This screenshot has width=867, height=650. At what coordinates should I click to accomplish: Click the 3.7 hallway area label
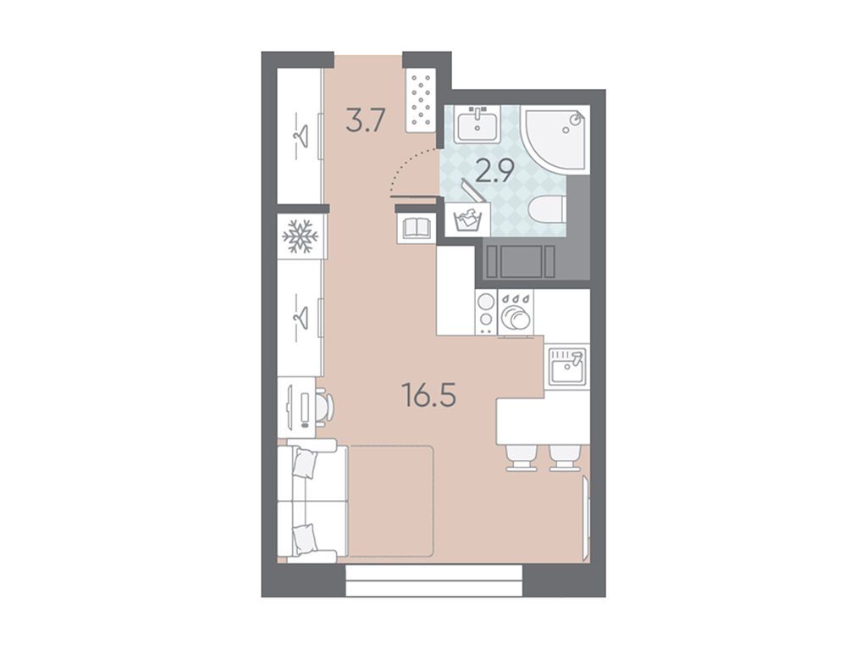[364, 120]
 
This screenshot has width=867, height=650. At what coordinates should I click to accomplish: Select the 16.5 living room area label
[429, 395]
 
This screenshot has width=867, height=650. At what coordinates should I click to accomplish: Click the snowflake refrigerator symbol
[301, 237]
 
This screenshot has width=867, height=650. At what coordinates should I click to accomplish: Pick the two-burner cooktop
[485, 312]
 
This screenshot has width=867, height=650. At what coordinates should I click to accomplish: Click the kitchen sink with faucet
[566, 366]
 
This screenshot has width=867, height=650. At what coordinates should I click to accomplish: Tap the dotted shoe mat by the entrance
[422, 100]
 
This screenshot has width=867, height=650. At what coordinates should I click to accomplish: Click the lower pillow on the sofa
[304, 539]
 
